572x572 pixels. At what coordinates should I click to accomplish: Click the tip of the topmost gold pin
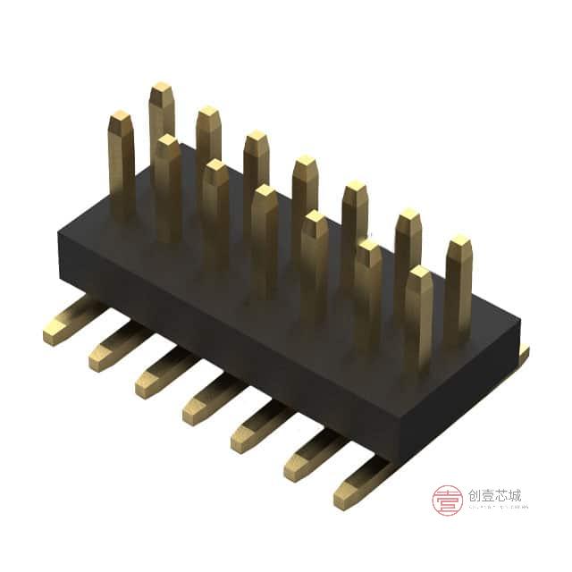(161, 90)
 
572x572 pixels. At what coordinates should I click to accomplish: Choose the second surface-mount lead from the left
(111, 351)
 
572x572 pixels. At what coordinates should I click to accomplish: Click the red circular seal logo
(447, 500)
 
